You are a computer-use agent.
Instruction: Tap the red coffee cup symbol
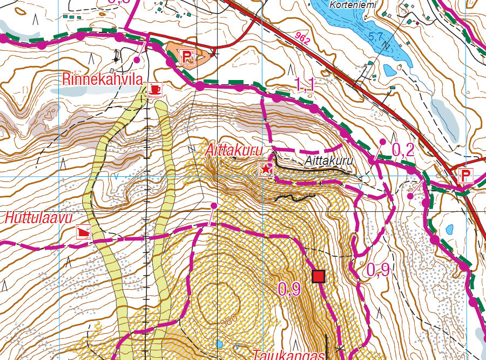[155, 88]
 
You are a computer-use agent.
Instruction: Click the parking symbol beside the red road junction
[465, 176]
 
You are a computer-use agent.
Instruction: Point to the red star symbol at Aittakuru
[266, 169]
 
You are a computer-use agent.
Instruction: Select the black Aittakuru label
[328, 161]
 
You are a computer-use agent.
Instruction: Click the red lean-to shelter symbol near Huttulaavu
[83, 232]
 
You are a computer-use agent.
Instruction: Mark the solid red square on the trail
[319, 277]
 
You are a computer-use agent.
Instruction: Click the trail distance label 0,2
[402, 150]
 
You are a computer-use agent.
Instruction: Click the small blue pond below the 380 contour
[219, 344]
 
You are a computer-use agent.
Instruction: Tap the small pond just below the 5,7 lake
[390, 69]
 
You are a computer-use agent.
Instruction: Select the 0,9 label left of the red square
[289, 289]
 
